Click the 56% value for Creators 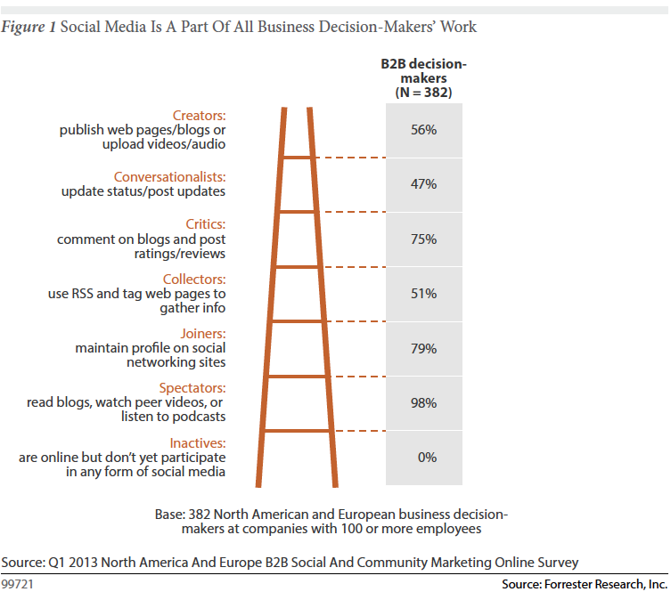(424, 130)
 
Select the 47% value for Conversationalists (424, 184)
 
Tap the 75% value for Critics (424, 239)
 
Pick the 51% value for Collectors (424, 294)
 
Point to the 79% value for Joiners (424, 348)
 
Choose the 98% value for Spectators (424, 403)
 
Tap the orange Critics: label (204, 224)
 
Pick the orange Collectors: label (194, 279)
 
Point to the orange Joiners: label (202, 334)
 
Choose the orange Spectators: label (192, 388)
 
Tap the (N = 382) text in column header (423, 92)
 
